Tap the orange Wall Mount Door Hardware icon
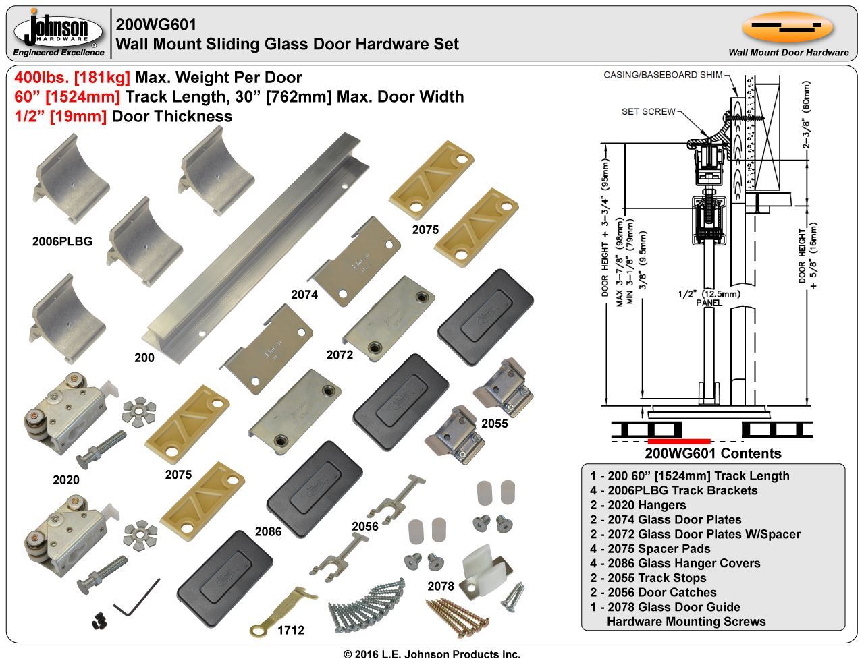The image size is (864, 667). coord(787,27)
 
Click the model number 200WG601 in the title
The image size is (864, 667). coord(156,24)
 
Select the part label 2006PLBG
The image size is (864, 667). coord(62,241)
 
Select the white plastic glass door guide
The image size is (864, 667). coord(485,572)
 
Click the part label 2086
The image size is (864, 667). coord(269,531)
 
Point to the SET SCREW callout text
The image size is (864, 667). coord(648,111)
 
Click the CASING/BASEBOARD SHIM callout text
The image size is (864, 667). coord(663,75)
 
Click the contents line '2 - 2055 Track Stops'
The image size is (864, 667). coord(648,578)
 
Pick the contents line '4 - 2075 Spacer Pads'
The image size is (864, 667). coord(650,548)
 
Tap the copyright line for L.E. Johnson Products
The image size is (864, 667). coord(432,654)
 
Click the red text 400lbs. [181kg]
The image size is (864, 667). coord(72,78)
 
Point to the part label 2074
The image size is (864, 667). coord(304,294)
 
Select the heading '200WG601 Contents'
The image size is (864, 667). coord(713,453)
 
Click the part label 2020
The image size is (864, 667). coord(66,480)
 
